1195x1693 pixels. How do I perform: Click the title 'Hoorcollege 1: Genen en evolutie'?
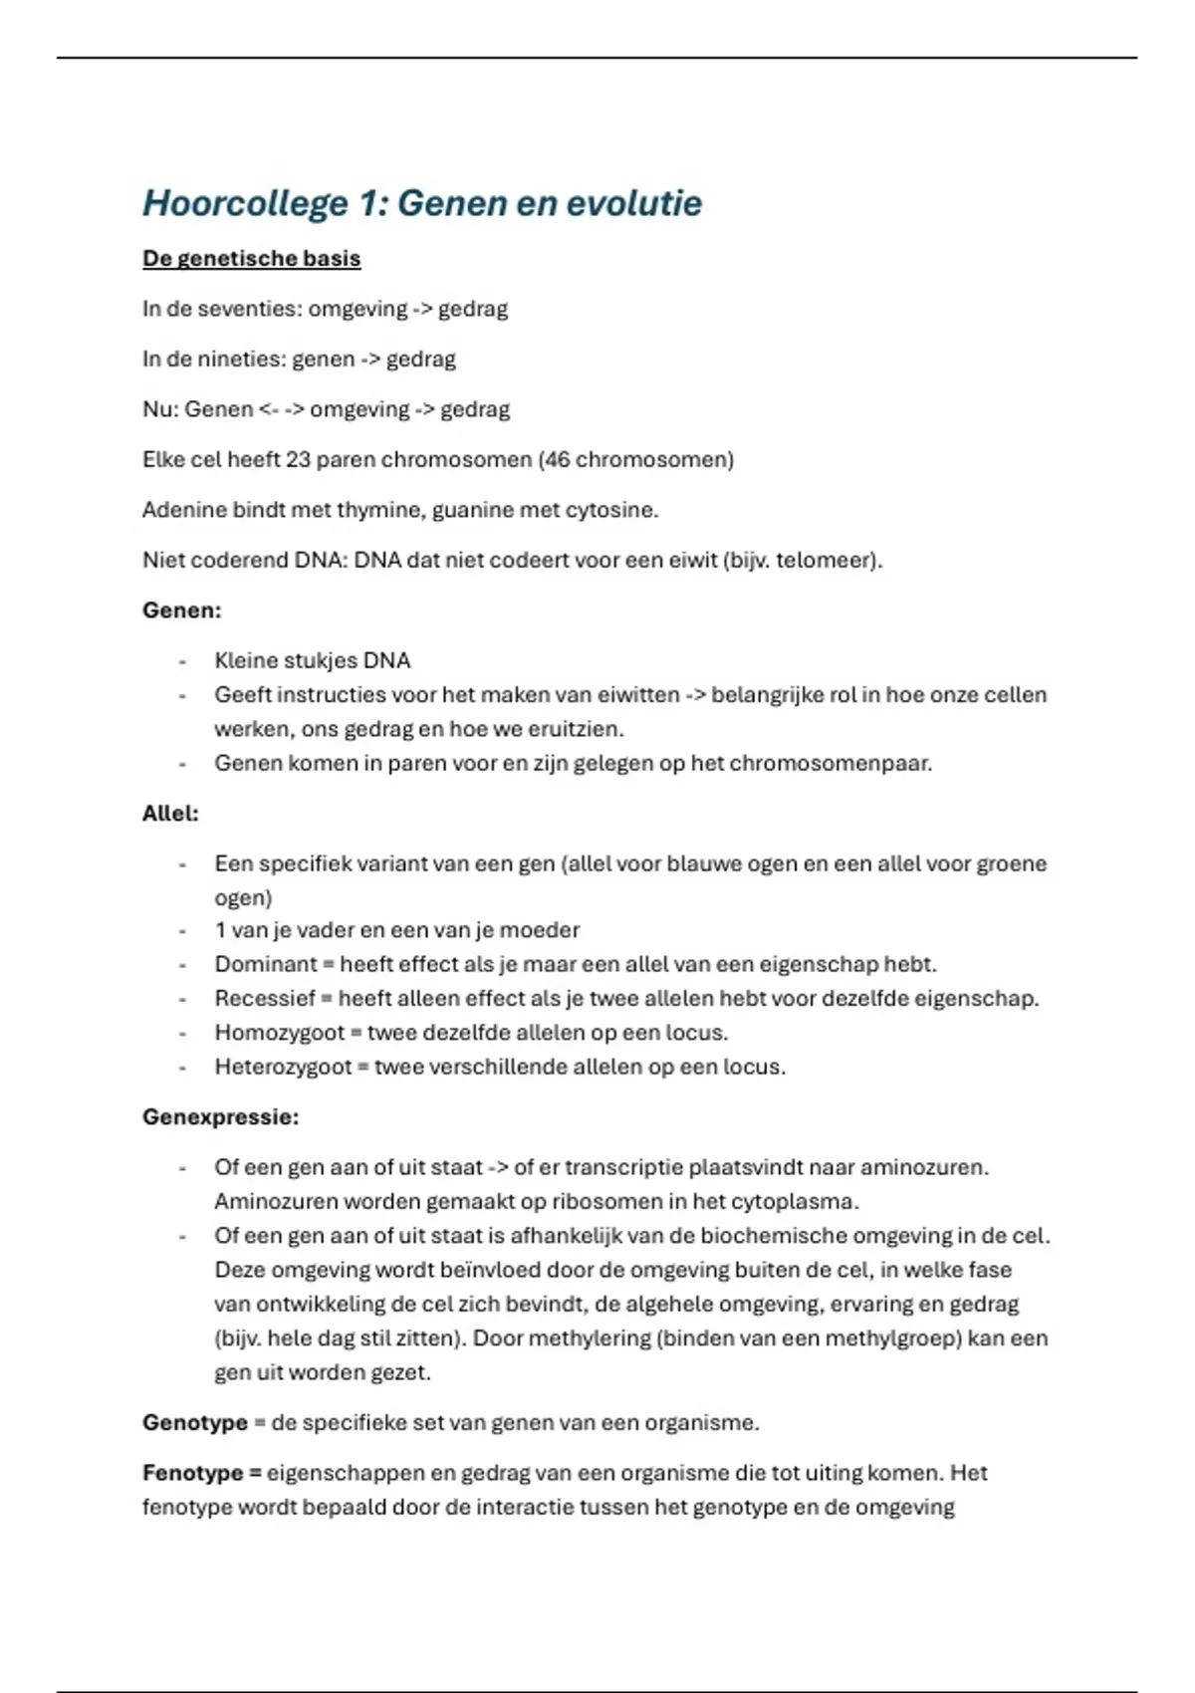point(422,204)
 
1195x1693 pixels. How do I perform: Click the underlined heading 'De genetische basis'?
point(251,259)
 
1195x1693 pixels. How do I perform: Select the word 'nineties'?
point(239,360)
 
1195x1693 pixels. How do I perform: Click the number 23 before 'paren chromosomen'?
point(298,460)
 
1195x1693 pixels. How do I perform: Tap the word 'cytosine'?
point(610,510)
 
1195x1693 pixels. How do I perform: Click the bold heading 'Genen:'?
point(182,610)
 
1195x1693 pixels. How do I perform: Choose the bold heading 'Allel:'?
point(170,814)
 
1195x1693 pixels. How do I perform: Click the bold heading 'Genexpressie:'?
point(220,1117)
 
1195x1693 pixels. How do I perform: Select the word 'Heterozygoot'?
point(283,1068)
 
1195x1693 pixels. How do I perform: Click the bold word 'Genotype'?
point(195,1423)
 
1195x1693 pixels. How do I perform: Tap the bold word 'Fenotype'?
point(193,1473)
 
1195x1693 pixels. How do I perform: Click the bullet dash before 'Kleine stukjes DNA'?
point(183,661)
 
